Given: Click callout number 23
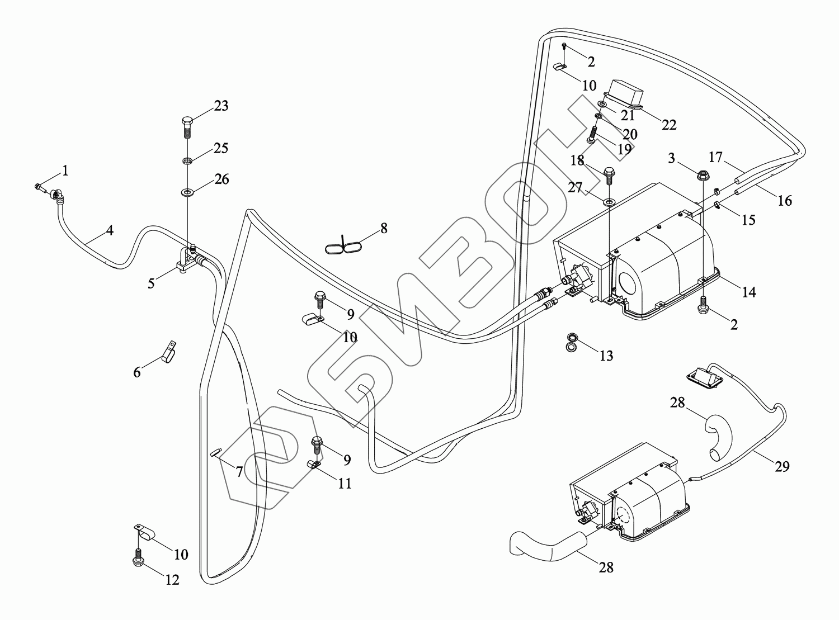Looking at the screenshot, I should (x=221, y=106).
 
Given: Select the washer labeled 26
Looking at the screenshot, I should (x=187, y=193).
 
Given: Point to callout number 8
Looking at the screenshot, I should (x=383, y=228).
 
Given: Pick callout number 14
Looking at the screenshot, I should (x=749, y=291).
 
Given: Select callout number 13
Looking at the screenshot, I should (x=606, y=356).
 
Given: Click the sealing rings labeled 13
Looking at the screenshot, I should (x=571, y=343).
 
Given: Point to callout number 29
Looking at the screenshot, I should (x=782, y=466).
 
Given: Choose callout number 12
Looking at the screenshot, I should (x=172, y=580).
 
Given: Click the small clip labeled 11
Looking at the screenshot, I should (x=313, y=464).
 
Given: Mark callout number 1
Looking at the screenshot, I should (x=65, y=171).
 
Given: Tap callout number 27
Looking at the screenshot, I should (x=575, y=188).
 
